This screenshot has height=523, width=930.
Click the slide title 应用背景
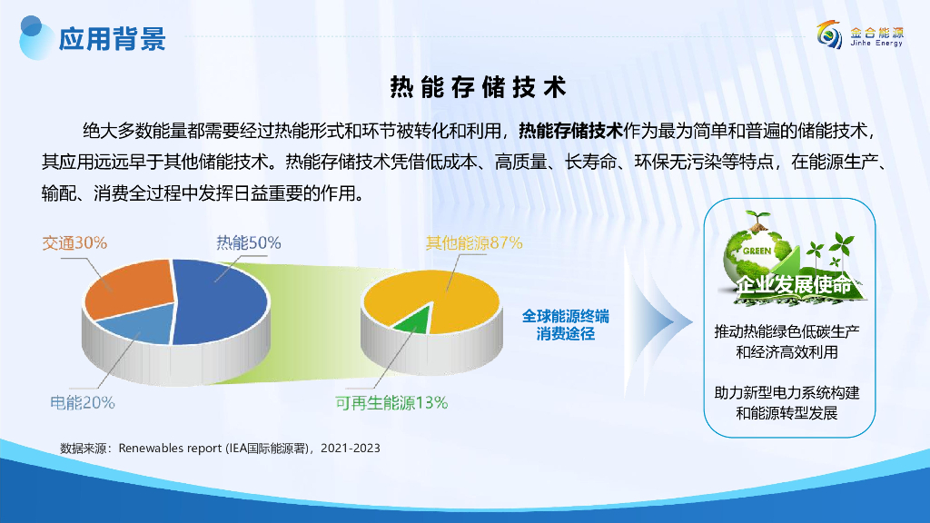(x=112, y=39)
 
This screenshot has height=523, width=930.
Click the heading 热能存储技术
(x=478, y=87)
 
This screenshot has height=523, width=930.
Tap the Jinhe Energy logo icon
(x=829, y=35)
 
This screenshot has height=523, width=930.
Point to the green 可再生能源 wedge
(x=413, y=321)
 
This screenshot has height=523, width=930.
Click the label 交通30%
(x=74, y=242)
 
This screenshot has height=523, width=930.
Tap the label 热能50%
(x=249, y=242)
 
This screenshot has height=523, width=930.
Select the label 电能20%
(x=83, y=402)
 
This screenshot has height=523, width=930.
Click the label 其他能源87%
(x=474, y=242)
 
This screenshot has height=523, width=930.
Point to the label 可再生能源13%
(x=391, y=402)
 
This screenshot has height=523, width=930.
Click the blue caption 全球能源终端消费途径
(x=565, y=325)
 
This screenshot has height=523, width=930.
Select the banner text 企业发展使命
(x=794, y=284)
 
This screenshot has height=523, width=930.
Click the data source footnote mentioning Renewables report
(x=220, y=449)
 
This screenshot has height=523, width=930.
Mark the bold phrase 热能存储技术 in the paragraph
(x=570, y=131)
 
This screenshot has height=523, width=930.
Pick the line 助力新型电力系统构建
(x=787, y=392)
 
